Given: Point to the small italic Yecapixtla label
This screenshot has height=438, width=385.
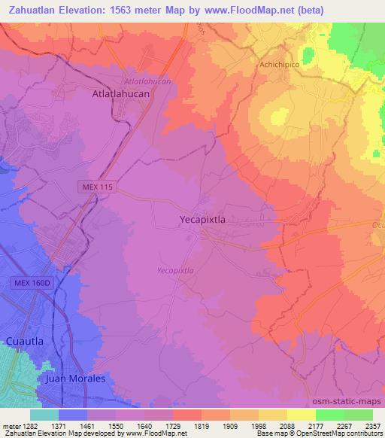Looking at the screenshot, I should [175, 269].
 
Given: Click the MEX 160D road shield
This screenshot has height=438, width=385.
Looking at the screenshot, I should [31, 283].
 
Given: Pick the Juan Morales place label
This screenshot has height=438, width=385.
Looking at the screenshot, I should [75, 379].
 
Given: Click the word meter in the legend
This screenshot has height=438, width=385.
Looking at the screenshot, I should [10, 426].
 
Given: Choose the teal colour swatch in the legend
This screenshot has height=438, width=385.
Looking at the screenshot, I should [44, 415].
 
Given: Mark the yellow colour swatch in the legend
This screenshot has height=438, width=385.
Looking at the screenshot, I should [302, 415].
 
